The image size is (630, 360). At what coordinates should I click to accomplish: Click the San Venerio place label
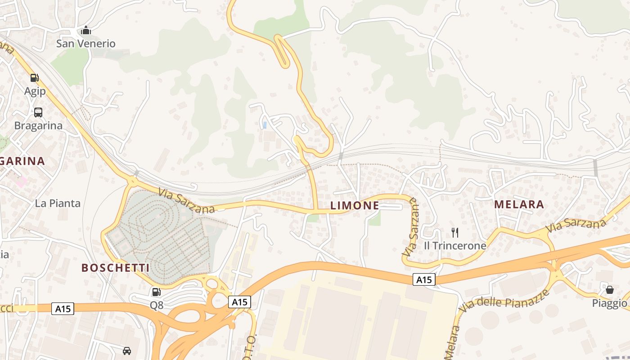85,44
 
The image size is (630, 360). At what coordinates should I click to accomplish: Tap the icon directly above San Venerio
85,31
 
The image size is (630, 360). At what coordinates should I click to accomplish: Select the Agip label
35,91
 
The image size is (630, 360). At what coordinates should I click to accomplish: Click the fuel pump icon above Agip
35,78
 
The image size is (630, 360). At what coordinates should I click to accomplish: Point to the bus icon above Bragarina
38,112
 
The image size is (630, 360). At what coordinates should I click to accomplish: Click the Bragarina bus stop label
38,126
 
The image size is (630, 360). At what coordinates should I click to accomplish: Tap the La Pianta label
58,203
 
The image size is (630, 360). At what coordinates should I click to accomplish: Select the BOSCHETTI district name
115,268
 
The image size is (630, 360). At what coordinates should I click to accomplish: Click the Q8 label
157,306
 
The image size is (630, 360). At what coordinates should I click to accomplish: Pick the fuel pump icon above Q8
157,292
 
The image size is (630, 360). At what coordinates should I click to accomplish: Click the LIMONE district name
355,206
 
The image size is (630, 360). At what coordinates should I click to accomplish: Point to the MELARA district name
519,204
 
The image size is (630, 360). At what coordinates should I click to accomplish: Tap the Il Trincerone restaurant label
455,246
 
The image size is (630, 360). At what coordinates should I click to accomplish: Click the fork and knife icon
455,232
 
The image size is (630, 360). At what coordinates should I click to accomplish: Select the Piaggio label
609,303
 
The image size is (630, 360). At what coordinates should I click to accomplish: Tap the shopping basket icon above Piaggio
609,289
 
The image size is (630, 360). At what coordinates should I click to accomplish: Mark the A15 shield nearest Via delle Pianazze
424,280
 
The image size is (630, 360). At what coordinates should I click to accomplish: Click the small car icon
127,351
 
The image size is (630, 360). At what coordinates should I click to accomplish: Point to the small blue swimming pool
265,125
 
